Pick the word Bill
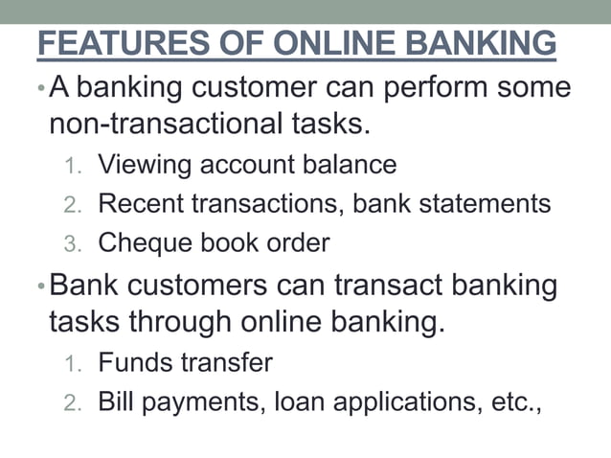point(115,401)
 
